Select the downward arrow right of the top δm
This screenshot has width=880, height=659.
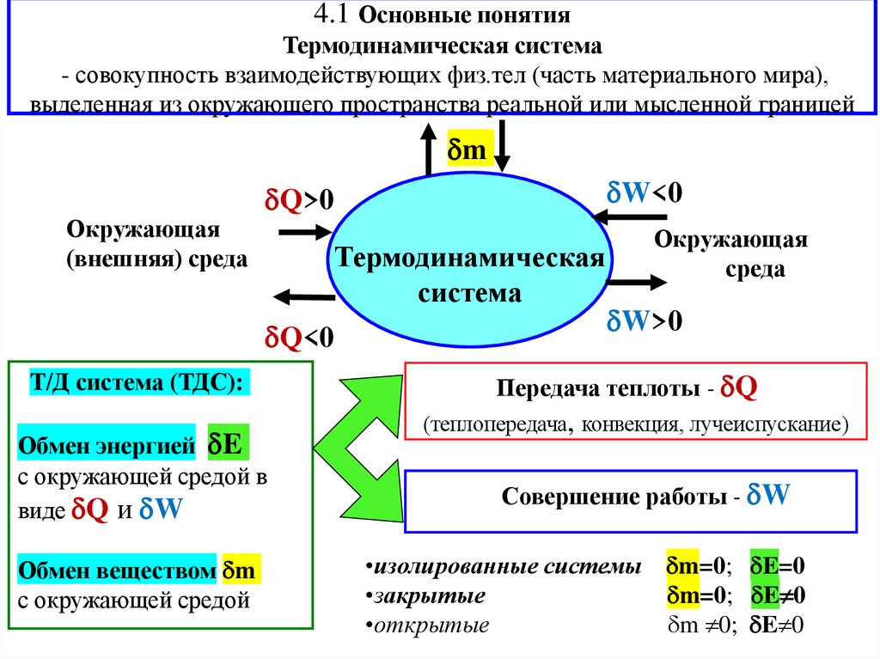[504, 147]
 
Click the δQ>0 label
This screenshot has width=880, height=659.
[297, 200]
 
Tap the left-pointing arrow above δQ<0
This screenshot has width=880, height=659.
[302, 297]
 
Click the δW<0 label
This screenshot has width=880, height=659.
[645, 192]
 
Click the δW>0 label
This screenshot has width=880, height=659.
[645, 322]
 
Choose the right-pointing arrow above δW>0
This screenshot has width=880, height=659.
[636, 280]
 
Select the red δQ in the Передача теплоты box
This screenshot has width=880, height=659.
[738, 387]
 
